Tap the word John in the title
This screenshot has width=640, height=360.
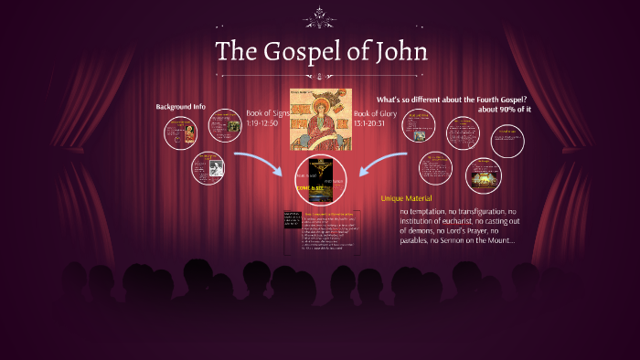pos(400,51)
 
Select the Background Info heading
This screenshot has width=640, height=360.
pos(181,107)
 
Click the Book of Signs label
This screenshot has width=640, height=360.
pos(266,114)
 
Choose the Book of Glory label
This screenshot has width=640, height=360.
pos(376,114)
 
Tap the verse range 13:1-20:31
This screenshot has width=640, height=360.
pos(374,124)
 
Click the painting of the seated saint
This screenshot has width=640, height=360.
pos(320,119)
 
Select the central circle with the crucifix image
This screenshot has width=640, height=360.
pos(320,179)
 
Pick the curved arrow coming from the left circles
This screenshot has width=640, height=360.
pos(255,165)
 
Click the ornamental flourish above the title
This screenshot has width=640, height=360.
pos(320,15)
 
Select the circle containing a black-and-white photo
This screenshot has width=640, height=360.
pos(208,168)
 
